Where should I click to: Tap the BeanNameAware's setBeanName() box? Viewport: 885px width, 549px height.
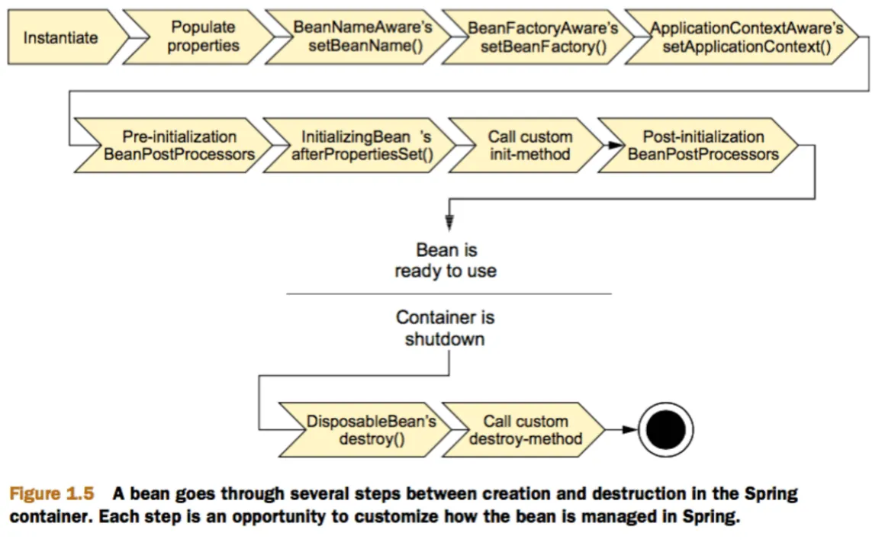click(x=363, y=37)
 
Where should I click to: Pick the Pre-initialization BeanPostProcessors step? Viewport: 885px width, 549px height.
click(x=179, y=145)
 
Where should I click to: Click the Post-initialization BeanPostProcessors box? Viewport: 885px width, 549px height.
click(x=703, y=145)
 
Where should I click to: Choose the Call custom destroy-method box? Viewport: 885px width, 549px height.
click(x=526, y=430)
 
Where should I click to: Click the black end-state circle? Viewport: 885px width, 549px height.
click(x=666, y=430)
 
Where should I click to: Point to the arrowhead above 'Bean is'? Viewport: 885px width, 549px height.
click(x=449, y=223)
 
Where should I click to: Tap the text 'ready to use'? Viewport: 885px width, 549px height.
click(x=445, y=271)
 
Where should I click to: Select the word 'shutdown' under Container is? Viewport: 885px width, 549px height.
click(x=445, y=339)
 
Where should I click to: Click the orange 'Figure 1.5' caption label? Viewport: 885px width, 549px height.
click(x=51, y=493)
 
